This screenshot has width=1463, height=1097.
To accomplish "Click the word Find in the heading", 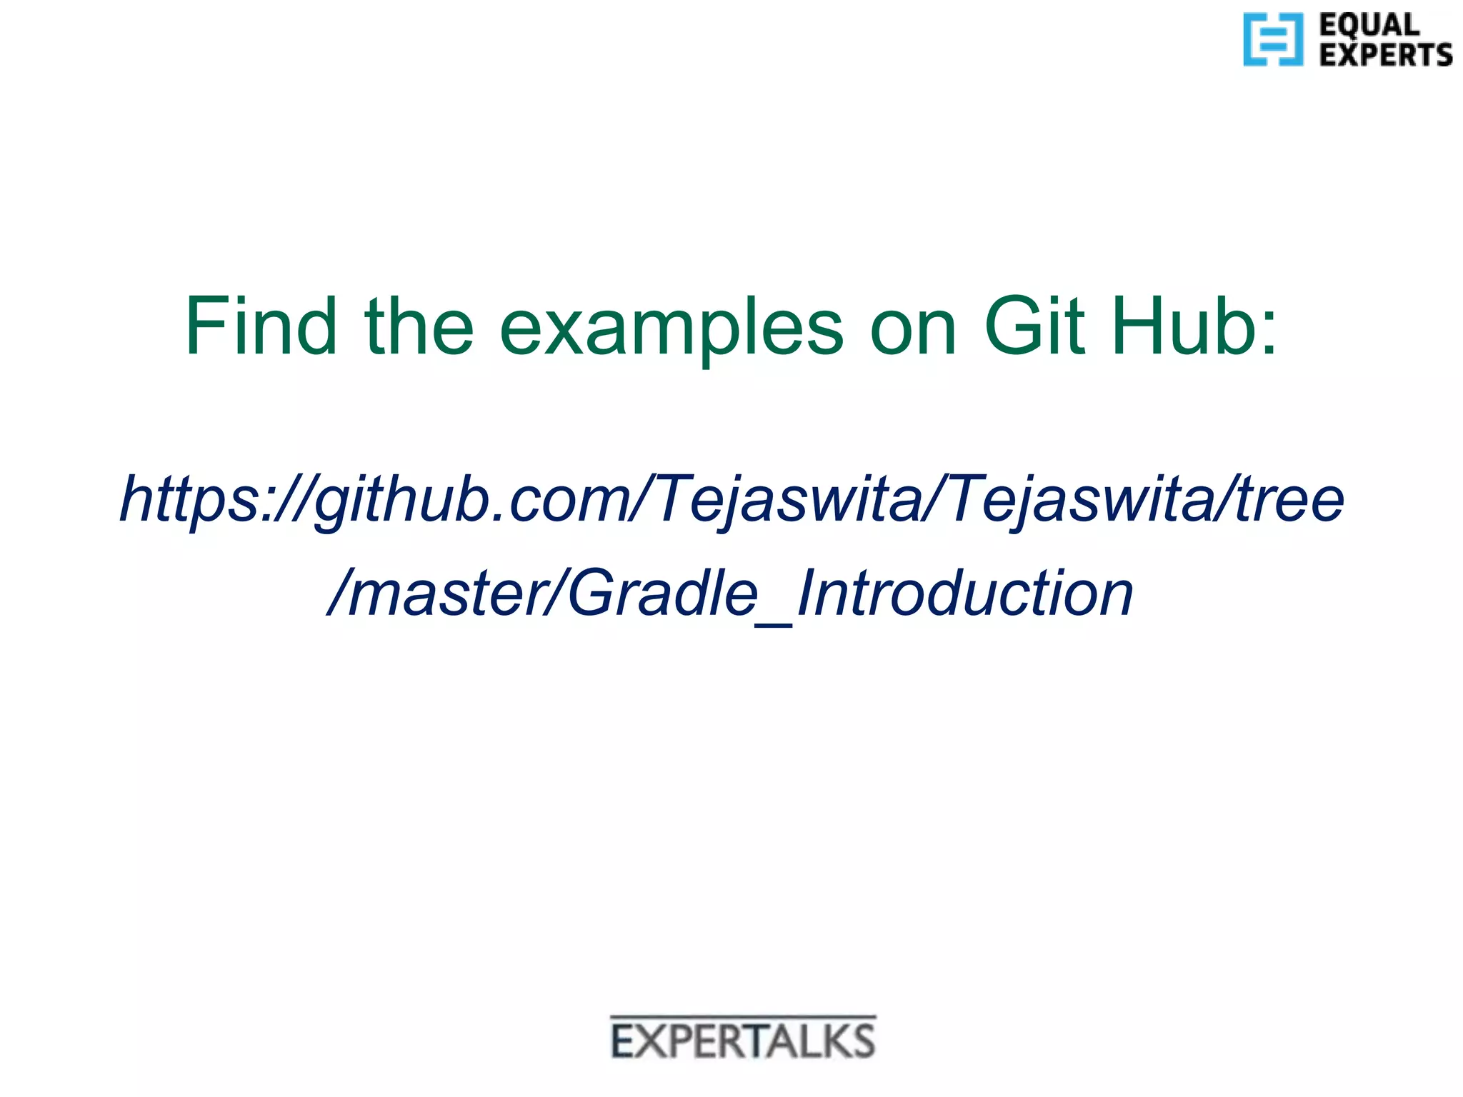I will click(261, 326).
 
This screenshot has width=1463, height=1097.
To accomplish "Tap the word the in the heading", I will click(419, 326).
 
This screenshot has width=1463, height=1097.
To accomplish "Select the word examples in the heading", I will click(671, 329).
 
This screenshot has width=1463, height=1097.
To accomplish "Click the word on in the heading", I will click(912, 329).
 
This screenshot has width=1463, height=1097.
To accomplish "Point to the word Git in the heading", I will click(1034, 326).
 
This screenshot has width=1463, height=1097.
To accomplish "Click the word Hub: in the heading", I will click(1194, 326).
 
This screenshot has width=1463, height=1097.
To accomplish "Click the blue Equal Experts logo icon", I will click(1272, 39).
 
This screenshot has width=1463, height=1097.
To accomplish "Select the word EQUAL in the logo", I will click(1369, 25).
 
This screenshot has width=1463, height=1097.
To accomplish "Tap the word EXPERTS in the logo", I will click(1385, 55).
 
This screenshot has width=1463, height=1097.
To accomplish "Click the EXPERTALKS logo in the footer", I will click(743, 1041).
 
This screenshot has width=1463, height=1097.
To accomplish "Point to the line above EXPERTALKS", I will click(743, 1016).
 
